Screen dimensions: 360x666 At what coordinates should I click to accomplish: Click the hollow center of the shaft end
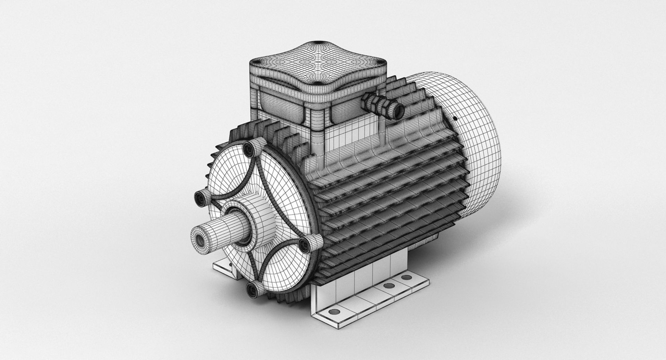pyautogui.click(x=200, y=239)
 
